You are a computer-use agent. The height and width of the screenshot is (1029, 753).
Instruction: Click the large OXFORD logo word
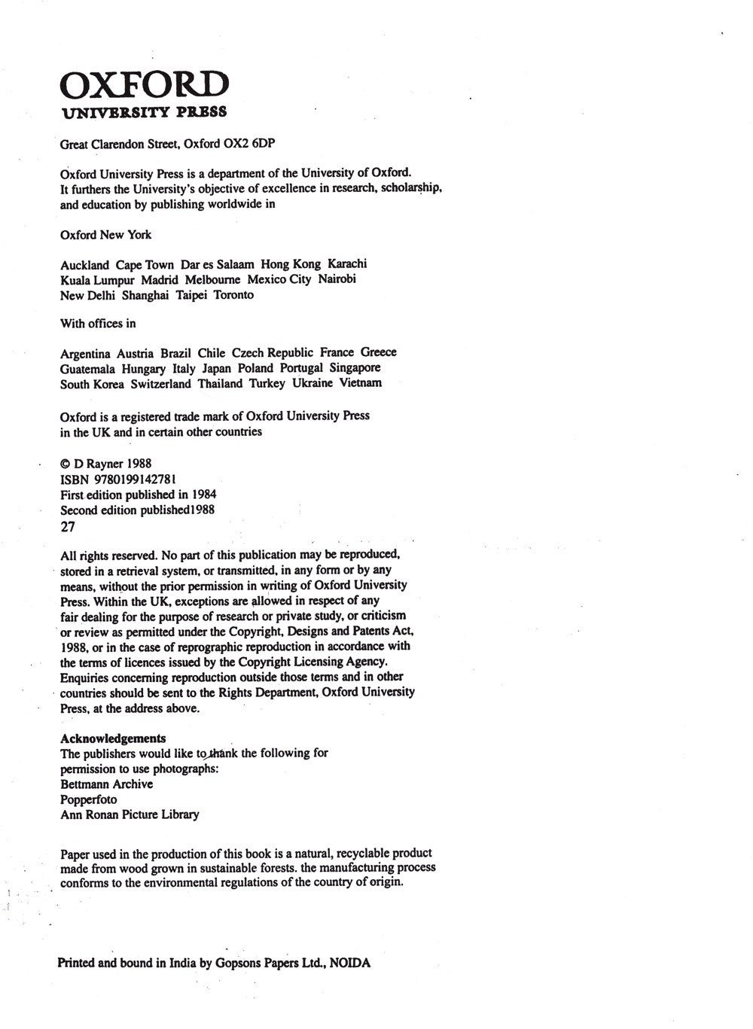click(143, 86)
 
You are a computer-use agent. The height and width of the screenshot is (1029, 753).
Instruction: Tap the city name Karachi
click(347, 264)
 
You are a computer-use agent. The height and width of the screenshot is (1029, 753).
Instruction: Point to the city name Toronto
click(233, 295)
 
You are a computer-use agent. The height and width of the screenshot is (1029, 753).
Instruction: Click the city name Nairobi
click(337, 279)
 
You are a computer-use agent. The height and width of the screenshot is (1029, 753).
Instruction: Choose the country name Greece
click(378, 352)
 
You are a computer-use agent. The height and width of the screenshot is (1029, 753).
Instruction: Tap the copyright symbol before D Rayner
click(65, 464)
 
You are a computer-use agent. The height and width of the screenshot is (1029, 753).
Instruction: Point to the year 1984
click(204, 495)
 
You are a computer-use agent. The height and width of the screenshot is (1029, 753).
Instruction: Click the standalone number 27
click(67, 527)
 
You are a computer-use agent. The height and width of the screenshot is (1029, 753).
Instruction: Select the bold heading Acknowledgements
click(113, 738)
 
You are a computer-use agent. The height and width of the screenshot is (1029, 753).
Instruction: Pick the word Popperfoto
click(88, 799)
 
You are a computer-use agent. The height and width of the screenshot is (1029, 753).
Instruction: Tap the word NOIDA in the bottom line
click(349, 963)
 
